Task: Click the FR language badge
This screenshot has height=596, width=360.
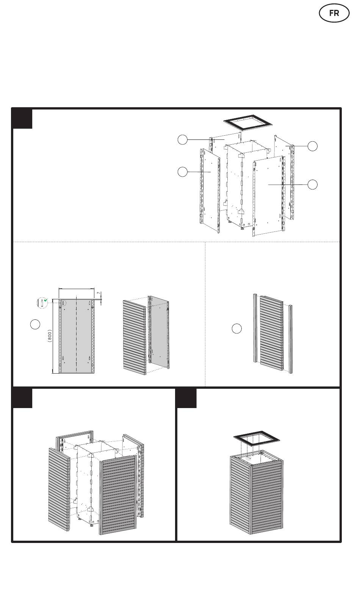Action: click(x=334, y=13)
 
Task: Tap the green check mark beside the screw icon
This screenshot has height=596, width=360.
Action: click(x=46, y=300)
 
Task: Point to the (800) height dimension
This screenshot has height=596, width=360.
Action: click(x=50, y=336)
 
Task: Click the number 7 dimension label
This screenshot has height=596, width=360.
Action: click(x=99, y=293)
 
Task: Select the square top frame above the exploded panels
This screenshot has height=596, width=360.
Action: click(x=248, y=122)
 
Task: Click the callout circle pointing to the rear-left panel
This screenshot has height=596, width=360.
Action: click(x=183, y=140)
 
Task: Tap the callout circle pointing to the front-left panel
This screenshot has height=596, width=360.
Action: click(x=183, y=172)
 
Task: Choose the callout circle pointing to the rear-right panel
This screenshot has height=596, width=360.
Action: click(x=313, y=146)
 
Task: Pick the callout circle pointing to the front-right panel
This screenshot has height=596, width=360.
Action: click(x=313, y=185)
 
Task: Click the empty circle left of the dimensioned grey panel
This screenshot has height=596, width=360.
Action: click(x=35, y=324)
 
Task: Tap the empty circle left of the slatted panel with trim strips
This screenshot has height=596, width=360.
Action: click(x=237, y=329)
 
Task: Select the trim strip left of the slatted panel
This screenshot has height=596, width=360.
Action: click(x=255, y=328)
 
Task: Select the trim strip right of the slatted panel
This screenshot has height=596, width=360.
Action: click(x=291, y=339)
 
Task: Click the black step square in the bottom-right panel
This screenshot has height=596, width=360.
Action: click(x=187, y=398)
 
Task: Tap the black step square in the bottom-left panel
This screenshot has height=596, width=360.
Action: click(x=22, y=398)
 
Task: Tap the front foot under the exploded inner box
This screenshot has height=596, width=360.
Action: click(x=243, y=228)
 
